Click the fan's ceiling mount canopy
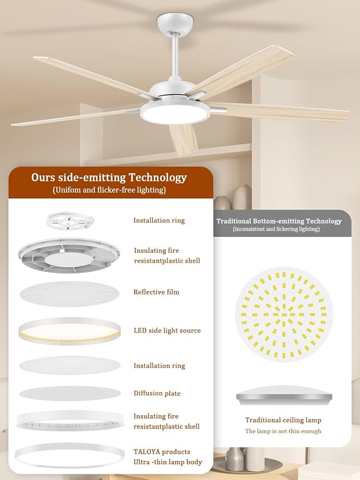175,23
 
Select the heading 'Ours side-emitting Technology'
109,178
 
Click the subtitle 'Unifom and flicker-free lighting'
109,190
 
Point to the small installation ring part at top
70,221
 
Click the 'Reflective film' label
156,292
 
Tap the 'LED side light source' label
167,330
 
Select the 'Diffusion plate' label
157,393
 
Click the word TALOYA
146,452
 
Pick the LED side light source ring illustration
69,331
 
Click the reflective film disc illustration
69,294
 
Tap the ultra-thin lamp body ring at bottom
69,456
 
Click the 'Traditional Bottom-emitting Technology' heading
279,221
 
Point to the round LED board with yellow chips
284,315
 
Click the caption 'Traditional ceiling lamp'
283,420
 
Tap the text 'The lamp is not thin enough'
283,431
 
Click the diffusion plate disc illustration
70,394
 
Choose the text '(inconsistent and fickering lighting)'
276,229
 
